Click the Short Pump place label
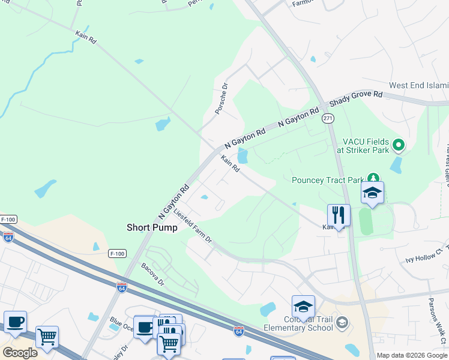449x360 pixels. coord(152,227)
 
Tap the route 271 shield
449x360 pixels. coord(328,119)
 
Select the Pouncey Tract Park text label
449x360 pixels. coord(328,180)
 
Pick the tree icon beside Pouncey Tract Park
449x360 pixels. coord(373,179)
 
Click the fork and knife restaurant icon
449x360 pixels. coord(339,215)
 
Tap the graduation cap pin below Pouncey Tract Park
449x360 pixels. coord(372,193)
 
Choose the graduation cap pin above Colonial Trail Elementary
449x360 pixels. coord(304,307)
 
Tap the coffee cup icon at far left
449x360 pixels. coord(15,322)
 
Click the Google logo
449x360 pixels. coord(19,353)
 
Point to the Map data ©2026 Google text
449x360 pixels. coord(411,355)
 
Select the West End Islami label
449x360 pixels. coord(418,86)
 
